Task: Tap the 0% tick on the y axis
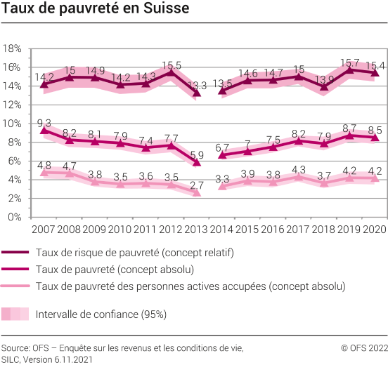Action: (15, 217)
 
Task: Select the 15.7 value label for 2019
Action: (349, 62)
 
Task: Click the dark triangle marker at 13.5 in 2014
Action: (222, 91)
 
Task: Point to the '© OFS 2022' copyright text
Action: (363, 347)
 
